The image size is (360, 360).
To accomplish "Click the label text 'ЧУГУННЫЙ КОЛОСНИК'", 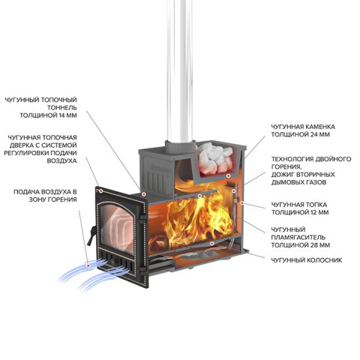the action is pos(307,260).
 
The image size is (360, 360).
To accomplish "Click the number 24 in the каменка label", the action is pos(314,134).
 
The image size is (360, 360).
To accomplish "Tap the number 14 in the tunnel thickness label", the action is pos(62,115).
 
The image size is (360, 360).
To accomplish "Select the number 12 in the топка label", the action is pos(313,212).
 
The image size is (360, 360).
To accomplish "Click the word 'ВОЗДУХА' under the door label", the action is pos(61,160).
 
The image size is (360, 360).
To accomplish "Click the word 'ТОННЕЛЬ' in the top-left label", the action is pos(62,108).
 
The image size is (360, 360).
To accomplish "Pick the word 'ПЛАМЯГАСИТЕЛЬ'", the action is pos(298,237).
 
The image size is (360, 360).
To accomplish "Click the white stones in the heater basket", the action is pos(215,157).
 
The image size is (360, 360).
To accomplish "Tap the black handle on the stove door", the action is pos(91,235).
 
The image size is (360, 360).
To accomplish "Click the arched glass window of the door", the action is pos(118,227).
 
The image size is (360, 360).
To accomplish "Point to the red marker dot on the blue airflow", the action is pos(88,265).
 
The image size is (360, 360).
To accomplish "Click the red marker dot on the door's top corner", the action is pos(101,191).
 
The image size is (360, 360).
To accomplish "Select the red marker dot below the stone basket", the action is pos(228,175).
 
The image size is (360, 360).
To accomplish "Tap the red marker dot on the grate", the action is pos(212,243).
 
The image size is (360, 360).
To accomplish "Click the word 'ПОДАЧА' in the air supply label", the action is pos(25,192).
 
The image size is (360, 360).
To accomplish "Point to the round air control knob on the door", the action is pos(112,262).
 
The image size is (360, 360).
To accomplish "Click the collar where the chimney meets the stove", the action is pos(180,146).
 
